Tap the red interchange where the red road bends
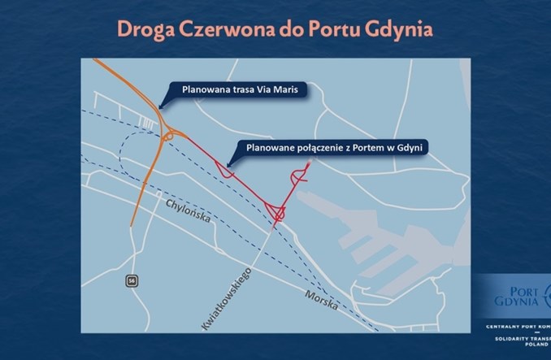[x=278, y=214]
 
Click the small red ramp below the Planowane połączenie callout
[x=227, y=172]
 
